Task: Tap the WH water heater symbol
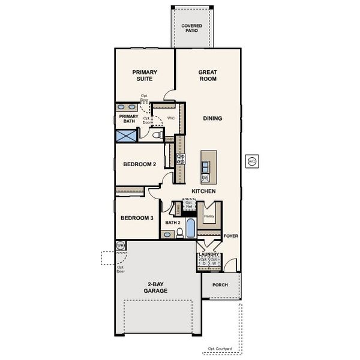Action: (120, 245)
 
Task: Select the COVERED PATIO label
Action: (192, 28)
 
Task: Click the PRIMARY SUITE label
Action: (145, 75)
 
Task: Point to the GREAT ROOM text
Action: (208, 75)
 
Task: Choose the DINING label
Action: (212, 118)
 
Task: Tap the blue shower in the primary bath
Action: (127, 134)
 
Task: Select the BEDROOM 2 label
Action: (139, 164)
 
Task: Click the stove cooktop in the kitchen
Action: (181, 158)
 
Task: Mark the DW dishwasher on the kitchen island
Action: (205, 178)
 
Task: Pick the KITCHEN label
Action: (203, 191)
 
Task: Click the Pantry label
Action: (209, 216)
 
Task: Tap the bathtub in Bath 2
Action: (190, 229)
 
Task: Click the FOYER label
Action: (231, 236)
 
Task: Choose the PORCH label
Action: (220, 285)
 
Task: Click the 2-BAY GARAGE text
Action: (155, 287)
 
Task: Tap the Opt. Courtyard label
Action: (220, 349)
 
